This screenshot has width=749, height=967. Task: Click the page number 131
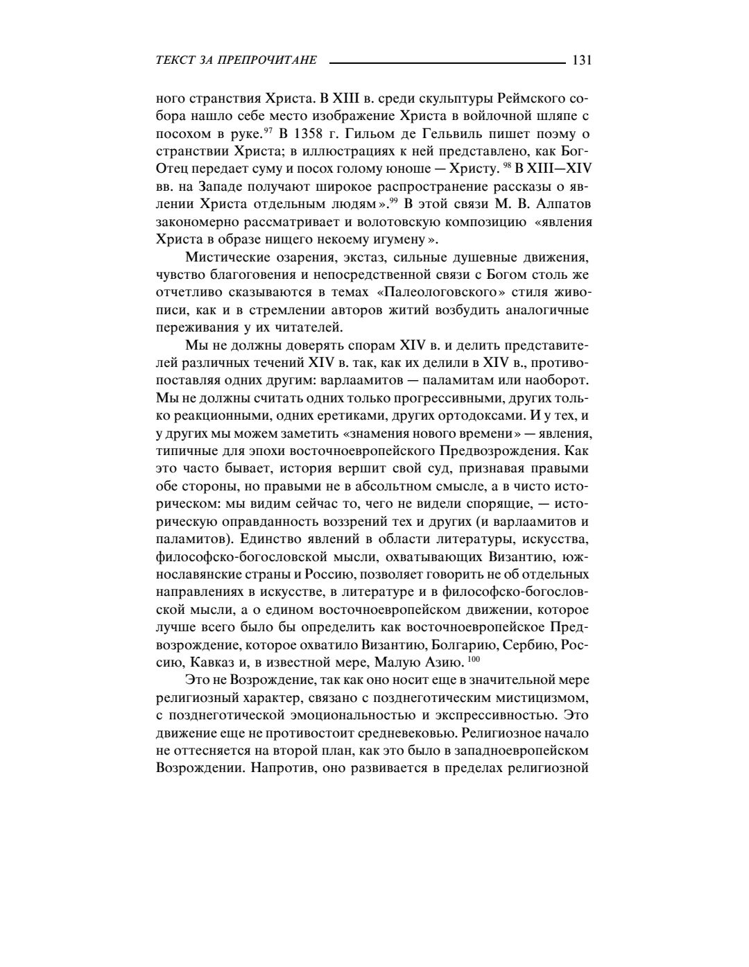(581, 60)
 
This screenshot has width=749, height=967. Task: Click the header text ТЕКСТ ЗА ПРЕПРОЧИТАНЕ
(236, 60)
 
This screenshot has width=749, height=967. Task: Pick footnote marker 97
(267, 130)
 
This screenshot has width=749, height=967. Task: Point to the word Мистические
(226, 258)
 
